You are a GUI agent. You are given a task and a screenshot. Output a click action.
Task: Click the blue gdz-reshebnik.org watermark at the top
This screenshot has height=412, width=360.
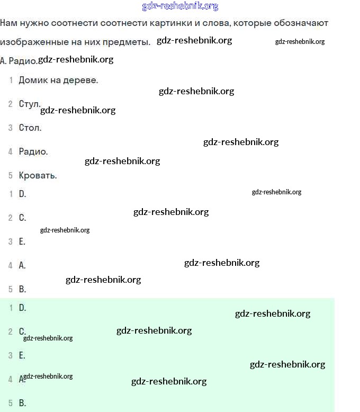(180, 6)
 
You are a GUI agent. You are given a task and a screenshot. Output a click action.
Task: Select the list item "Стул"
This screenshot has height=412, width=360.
(29, 104)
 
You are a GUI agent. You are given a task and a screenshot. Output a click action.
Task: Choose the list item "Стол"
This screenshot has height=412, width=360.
(30, 128)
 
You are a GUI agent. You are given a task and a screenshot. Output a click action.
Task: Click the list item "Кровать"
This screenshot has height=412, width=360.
(38, 175)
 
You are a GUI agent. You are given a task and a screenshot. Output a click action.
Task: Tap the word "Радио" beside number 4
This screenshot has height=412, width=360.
(33, 151)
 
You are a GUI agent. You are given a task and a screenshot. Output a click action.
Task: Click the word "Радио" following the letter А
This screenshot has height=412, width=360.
(23, 61)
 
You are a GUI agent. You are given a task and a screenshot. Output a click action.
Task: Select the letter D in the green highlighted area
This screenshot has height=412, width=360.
(22, 308)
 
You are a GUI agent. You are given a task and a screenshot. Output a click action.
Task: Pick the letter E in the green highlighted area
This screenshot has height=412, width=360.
(22, 355)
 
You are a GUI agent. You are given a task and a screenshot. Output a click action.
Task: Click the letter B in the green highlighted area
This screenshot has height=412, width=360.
(22, 403)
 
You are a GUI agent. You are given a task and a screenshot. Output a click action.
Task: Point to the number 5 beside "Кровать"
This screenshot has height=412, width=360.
(11, 175)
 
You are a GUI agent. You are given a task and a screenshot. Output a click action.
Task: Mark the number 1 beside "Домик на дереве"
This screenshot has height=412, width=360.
(11, 80)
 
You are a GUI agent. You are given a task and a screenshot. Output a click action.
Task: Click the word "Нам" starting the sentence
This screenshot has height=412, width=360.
(8, 23)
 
